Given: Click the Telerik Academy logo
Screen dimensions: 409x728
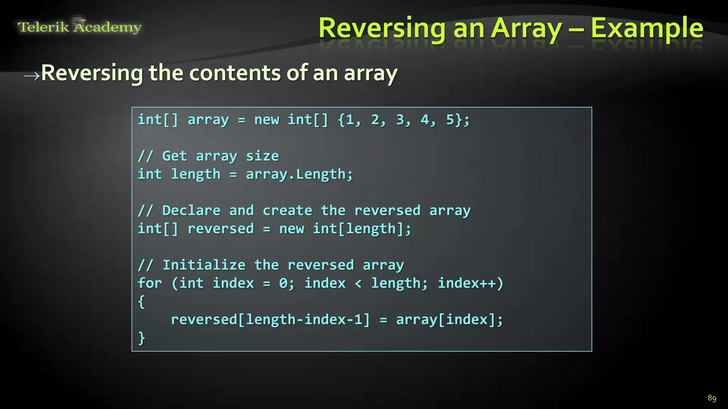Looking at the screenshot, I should [x=80, y=27].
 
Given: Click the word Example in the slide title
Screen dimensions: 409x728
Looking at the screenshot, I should [x=647, y=28].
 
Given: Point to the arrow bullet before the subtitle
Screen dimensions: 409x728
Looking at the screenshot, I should [x=32, y=75].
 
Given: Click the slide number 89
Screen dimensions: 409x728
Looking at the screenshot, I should [x=712, y=398].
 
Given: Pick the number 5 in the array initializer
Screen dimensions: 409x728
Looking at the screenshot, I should [x=450, y=120].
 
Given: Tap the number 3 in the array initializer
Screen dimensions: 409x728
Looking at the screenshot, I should [x=400, y=120].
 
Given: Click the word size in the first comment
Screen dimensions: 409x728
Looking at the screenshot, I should [x=262, y=156].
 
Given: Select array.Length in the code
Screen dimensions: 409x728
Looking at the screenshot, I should [x=299, y=174].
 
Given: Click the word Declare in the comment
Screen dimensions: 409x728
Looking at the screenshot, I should [x=191, y=211].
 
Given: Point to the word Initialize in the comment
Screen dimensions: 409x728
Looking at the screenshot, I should [x=204, y=265].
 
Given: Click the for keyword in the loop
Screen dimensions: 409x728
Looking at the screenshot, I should [x=150, y=283].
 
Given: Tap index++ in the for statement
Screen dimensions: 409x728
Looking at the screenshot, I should [x=466, y=283].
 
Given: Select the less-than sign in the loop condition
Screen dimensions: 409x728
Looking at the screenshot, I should [x=358, y=283].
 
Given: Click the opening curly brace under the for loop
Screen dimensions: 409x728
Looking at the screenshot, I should [x=141, y=302].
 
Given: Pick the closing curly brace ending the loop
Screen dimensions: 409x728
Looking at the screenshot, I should [x=141, y=338].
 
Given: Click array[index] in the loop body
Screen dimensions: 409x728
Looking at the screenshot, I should [x=446, y=320].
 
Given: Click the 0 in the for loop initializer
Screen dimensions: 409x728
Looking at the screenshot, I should [x=283, y=283].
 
